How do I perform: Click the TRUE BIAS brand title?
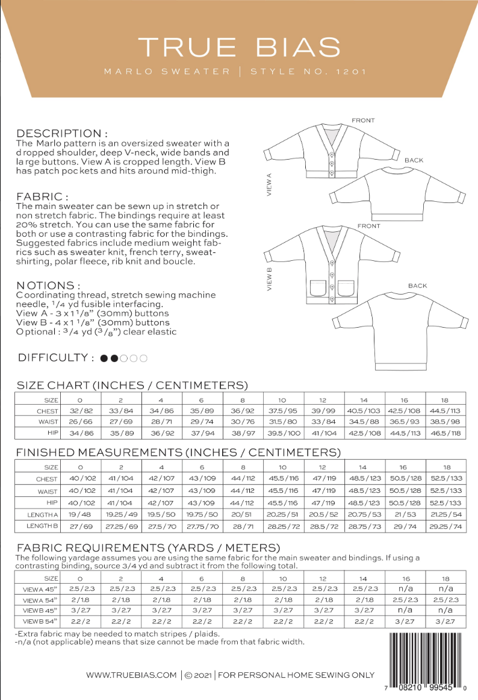coord(239,47)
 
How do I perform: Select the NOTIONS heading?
coord(48,285)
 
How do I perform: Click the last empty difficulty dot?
coord(143,358)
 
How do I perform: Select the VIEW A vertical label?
coord(269,185)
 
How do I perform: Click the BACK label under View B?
coord(417,286)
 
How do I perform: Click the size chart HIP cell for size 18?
coord(446,433)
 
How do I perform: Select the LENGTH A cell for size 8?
coord(243,514)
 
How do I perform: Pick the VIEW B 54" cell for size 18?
coord(446,620)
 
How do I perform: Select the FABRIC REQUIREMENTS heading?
coord(148,548)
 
